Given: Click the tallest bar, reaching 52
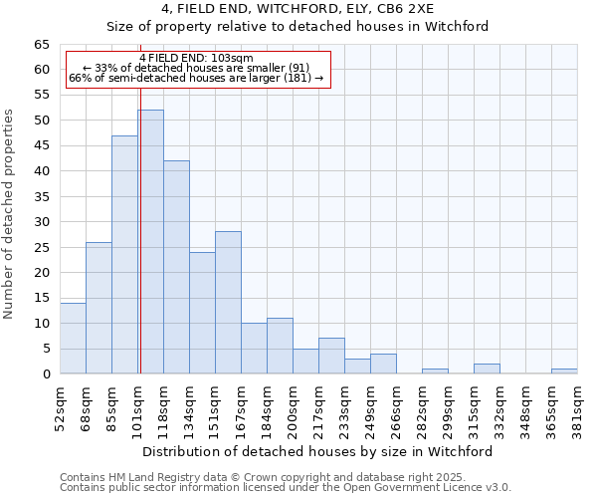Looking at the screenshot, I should click(x=150, y=242).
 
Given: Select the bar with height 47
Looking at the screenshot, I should click(x=124, y=255).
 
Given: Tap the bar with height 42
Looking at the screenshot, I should click(x=176, y=267).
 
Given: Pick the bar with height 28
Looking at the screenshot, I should click(x=228, y=303).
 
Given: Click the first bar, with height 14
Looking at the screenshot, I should click(x=73, y=339).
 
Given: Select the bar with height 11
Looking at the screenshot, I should click(x=280, y=347).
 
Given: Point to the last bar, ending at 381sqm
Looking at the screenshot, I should click(x=564, y=372).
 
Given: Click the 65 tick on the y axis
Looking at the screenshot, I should click(x=42, y=45).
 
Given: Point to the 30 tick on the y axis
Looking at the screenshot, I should click(x=42, y=222).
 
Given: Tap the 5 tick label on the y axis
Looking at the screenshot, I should click(x=46, y=350).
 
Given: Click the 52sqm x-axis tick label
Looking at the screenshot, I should click(x=60, y=406).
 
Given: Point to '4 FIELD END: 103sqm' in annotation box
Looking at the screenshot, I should click(x=196, y=58).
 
